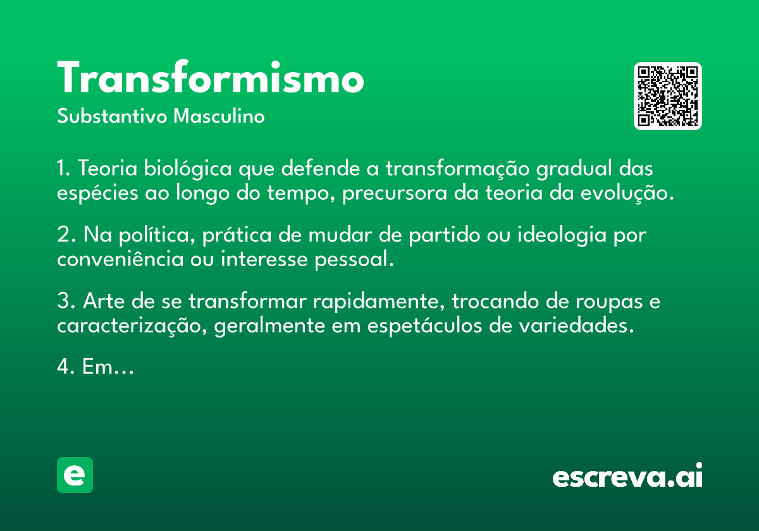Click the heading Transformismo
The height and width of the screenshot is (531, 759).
(211, 77)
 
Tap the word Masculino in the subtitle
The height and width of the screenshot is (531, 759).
(219, 116)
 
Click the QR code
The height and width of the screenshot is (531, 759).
(667, 96)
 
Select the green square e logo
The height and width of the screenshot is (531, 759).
(75, 475)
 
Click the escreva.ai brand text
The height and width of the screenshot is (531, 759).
(627, 475)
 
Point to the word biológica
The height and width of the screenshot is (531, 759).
(188, 169)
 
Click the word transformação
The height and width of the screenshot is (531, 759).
(457, 169)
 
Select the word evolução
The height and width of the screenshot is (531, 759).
(627, 193)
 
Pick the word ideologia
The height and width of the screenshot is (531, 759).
(562, 235)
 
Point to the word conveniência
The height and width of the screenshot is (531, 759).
(120, 259)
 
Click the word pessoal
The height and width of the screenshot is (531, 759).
(354, 260)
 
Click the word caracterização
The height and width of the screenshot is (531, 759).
(132, 326)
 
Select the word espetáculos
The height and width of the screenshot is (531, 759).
(424, 326)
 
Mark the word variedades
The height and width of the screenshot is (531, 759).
(576, 325)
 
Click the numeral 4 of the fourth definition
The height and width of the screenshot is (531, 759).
(63, 366)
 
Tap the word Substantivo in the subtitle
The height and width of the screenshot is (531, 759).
(112, 116)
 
